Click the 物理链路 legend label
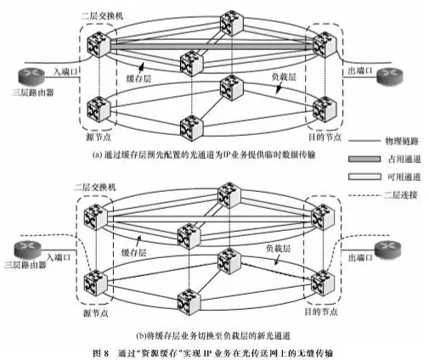pos(402,141)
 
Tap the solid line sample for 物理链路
pos(364,141)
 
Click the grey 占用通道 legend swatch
pos(364,159)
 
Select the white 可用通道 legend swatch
pos(364,177)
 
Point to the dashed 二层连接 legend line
pos(364,195)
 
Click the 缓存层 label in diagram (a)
pos(138,78)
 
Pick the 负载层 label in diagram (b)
pos(278,249)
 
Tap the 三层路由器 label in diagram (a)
pos(33,93)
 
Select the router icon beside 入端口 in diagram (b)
pos(28,250)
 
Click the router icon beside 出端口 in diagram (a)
pos(389,76)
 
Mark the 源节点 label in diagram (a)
pos(99,138)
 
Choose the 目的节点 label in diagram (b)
pos(321,312)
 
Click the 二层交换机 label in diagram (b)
pos(94,187)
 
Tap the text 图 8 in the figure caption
pos(101,353)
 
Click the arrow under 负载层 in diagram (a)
pos(279,88)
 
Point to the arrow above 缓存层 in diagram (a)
pos(141,68)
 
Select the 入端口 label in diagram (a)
pos(65,71)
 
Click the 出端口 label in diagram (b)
pos(360,257)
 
